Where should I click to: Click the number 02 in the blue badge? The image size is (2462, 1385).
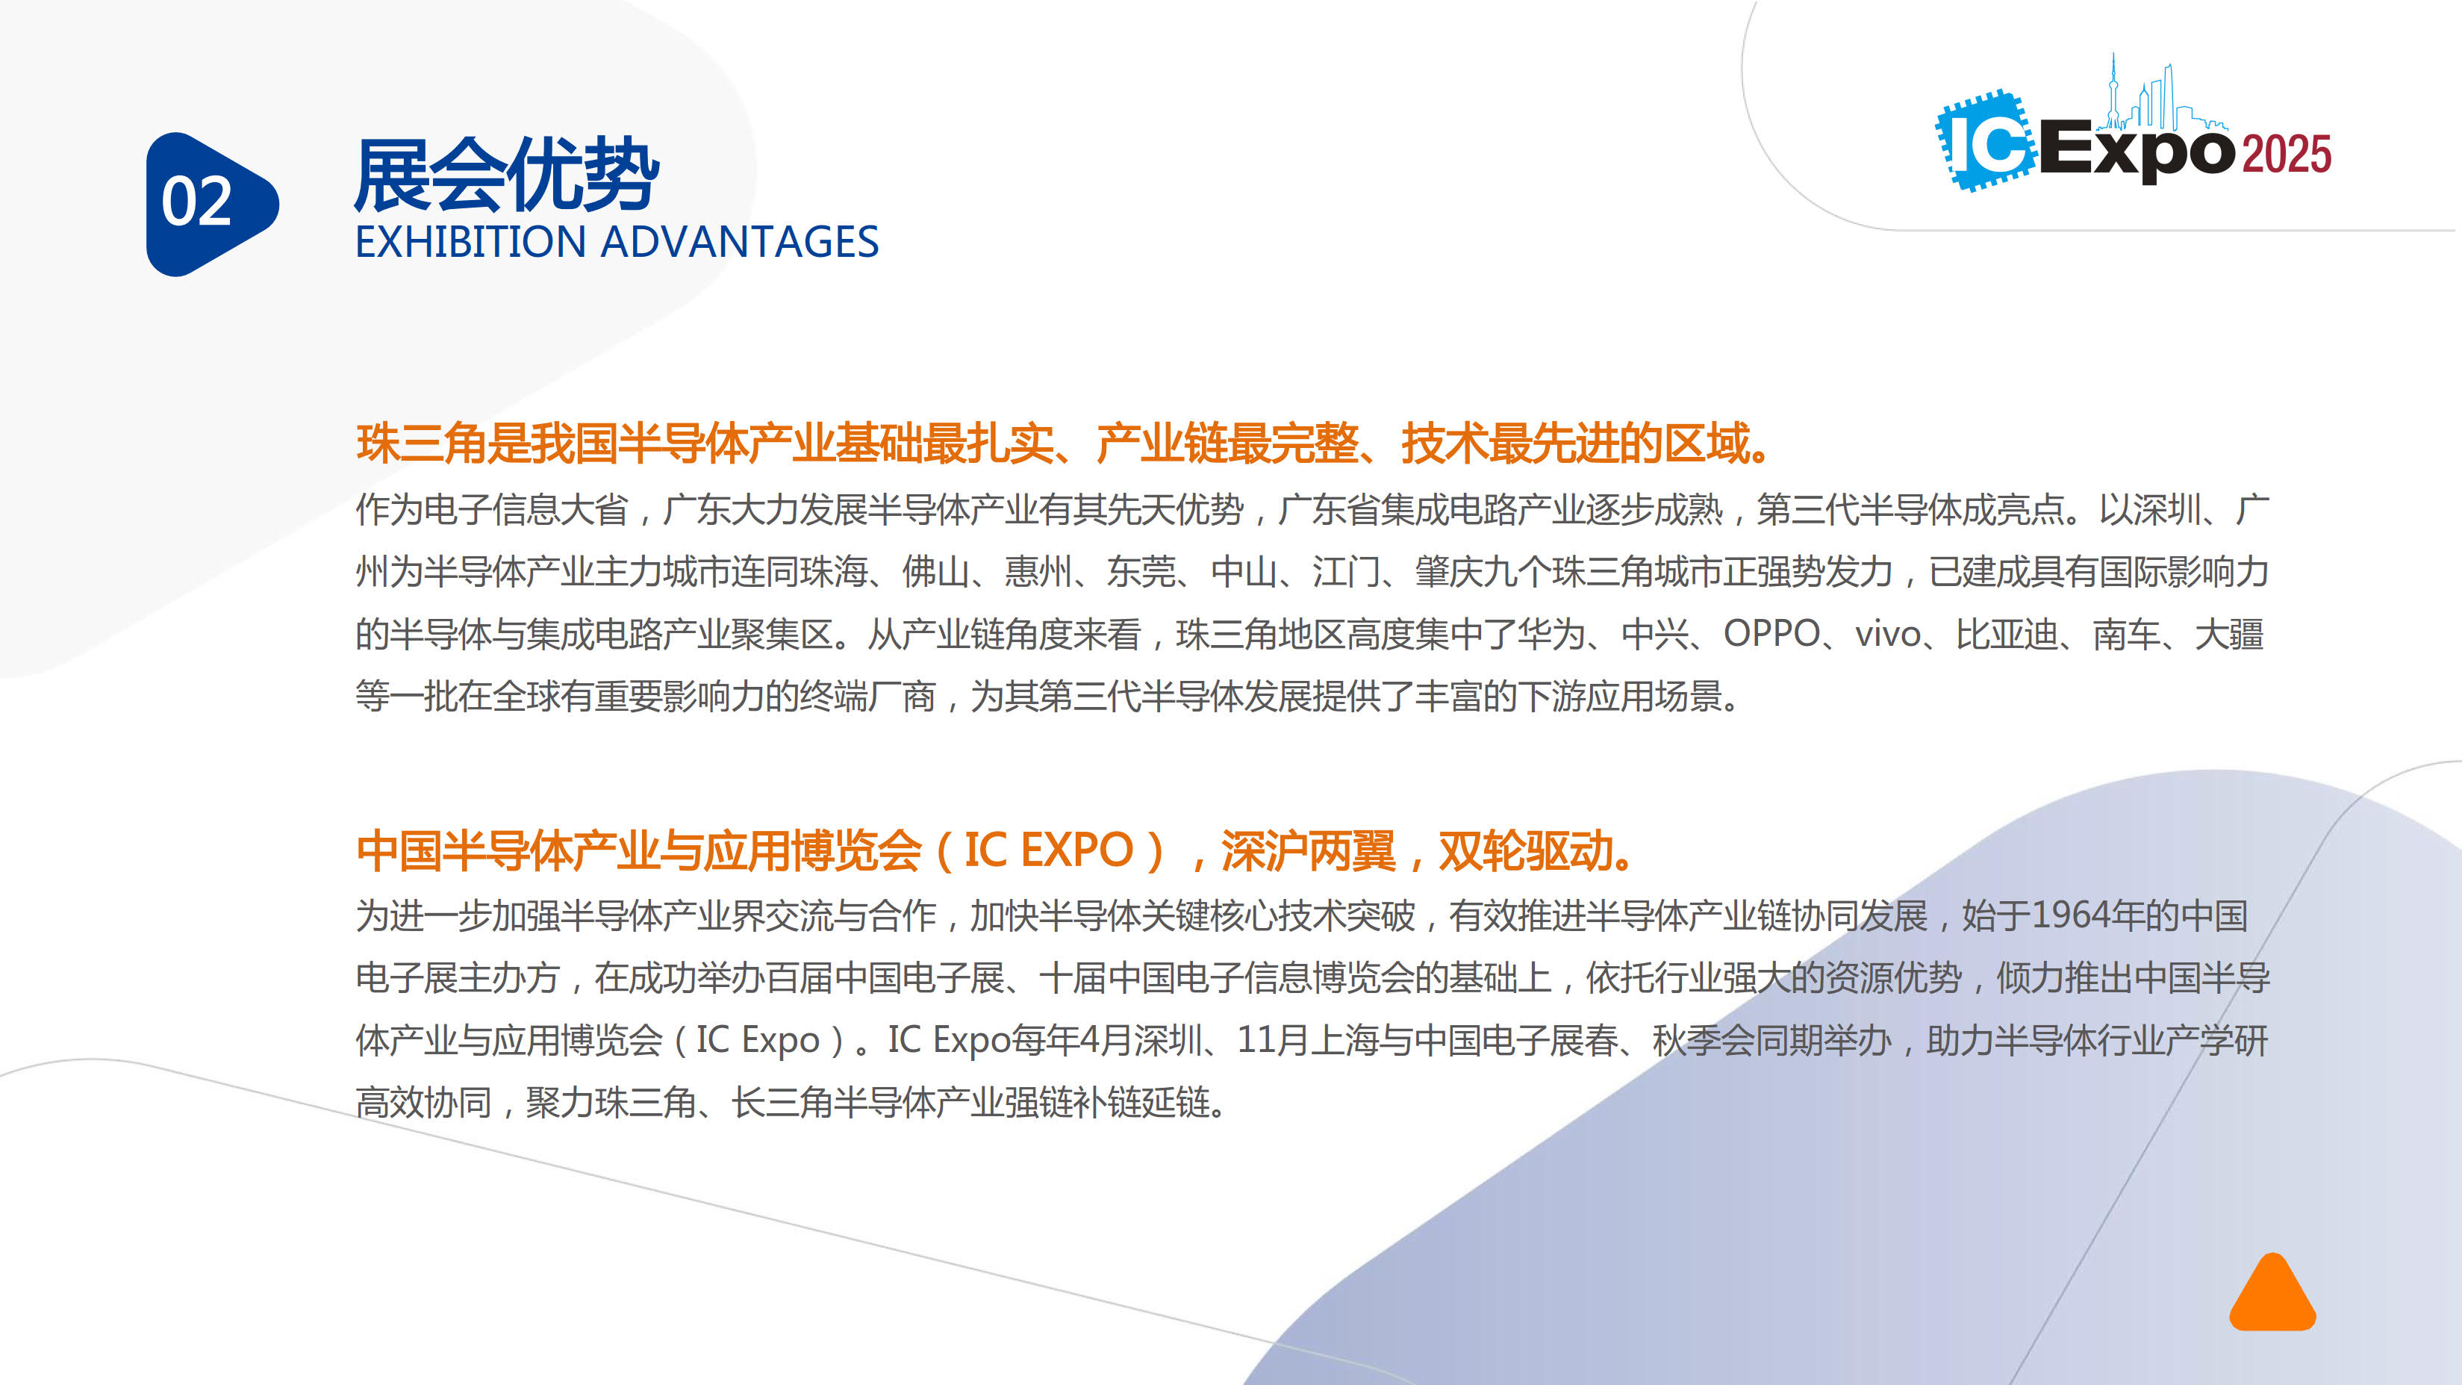(x=197, y=202)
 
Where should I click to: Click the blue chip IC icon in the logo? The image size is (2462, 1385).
(x=1986, y=140)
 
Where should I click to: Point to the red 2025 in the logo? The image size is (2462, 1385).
(x=2286, y=154)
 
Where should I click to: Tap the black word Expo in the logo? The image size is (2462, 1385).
(x=2138, y=151)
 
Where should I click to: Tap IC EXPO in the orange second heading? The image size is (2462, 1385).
(x=1048, y=850)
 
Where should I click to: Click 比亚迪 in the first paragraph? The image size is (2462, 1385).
(x=2007, y=635)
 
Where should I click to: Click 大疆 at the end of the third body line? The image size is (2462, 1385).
(x=2229, y=635)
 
